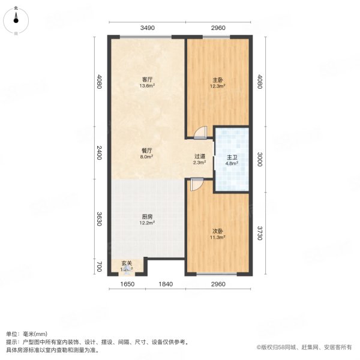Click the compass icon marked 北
click(16, 21)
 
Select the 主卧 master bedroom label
click(218, 80)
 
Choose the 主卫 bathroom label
click(232, 158)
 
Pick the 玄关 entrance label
click(127, 263)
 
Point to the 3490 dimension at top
click(148, 28)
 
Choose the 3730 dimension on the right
click(259, 231)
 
